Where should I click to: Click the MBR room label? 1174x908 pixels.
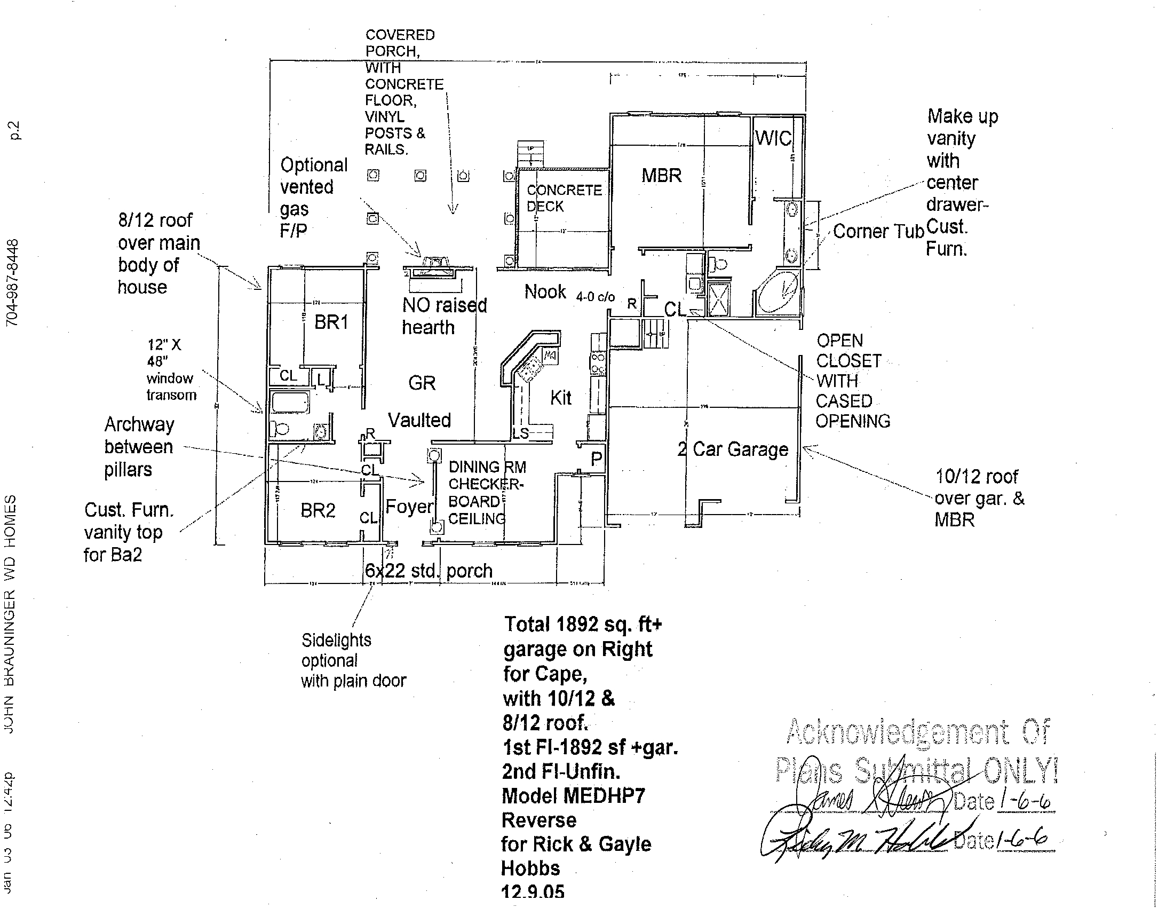click(x=661, y=176)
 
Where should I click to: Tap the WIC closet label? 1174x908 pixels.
click(x=773, y=139)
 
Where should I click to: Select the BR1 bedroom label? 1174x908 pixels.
click(x=331, y=322)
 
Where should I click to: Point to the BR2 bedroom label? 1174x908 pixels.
click(x=318, y=510)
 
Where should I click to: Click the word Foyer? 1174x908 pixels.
click(x=409, y=507)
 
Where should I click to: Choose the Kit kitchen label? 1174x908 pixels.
click(x=561, y=398)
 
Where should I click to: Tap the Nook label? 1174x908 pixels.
click(x=545, y=292)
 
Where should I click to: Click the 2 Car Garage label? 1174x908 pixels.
click(x=733, y=449)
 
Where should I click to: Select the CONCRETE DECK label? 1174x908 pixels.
click(x=564, y=198)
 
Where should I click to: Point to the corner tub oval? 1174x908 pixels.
click(x=778, y=292)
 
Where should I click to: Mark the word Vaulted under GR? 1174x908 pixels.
click(x=419, y=421)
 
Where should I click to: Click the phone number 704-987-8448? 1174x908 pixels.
click(x=12, y=283)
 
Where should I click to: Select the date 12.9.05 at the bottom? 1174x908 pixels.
click(x=533, y=892)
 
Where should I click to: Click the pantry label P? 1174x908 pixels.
click(x=596, y=459)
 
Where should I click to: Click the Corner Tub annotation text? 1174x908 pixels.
click(x=878, y=232)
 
